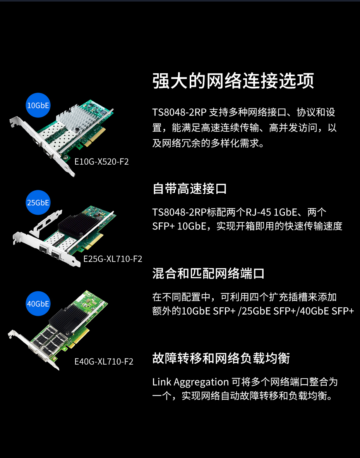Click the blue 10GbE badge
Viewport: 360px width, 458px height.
coord(38,105)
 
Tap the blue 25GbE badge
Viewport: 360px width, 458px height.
coord(38,202)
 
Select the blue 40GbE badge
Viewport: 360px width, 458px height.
coord(38,303)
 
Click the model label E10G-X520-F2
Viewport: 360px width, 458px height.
coord(101,162)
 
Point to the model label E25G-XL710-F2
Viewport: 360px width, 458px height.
coord(113,259)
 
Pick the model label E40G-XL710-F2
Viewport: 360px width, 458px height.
coord(104,362)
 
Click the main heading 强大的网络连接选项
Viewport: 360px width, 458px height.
coord(233,81)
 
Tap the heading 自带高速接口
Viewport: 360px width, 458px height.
coord(190,189)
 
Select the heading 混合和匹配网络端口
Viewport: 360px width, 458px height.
coord(208,274)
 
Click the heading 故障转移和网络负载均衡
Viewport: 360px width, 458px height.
coord(221,358)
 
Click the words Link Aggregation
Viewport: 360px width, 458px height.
coord(190,382)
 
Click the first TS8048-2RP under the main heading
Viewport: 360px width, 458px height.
coord(179,112)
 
